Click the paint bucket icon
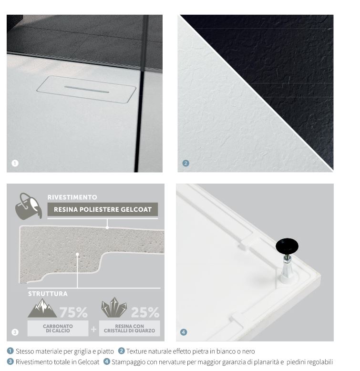29,206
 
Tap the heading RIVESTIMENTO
72,197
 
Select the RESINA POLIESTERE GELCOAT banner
103,209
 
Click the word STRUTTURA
48,294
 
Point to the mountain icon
42,308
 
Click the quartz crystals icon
114,308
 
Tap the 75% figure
73,312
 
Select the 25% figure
145,312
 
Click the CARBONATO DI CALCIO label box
58,329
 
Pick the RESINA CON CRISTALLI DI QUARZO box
129,329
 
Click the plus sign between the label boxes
93,329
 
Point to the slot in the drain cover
87,89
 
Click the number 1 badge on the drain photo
15,163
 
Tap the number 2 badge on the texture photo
185,163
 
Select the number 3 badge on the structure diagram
15,332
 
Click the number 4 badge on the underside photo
184,332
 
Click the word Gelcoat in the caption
89,362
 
